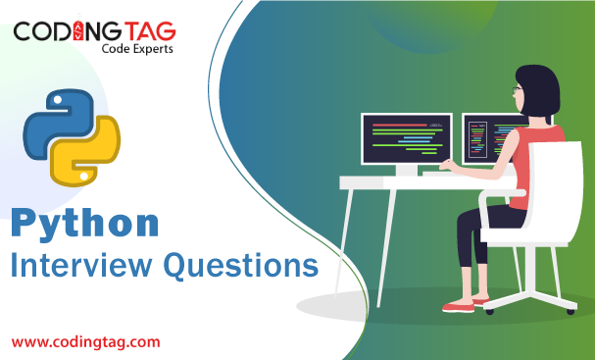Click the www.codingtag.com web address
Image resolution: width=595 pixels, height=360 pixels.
coord(85,341)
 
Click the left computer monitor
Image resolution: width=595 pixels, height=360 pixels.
coord(406,138)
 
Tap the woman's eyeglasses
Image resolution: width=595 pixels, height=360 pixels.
coord(516,90)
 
